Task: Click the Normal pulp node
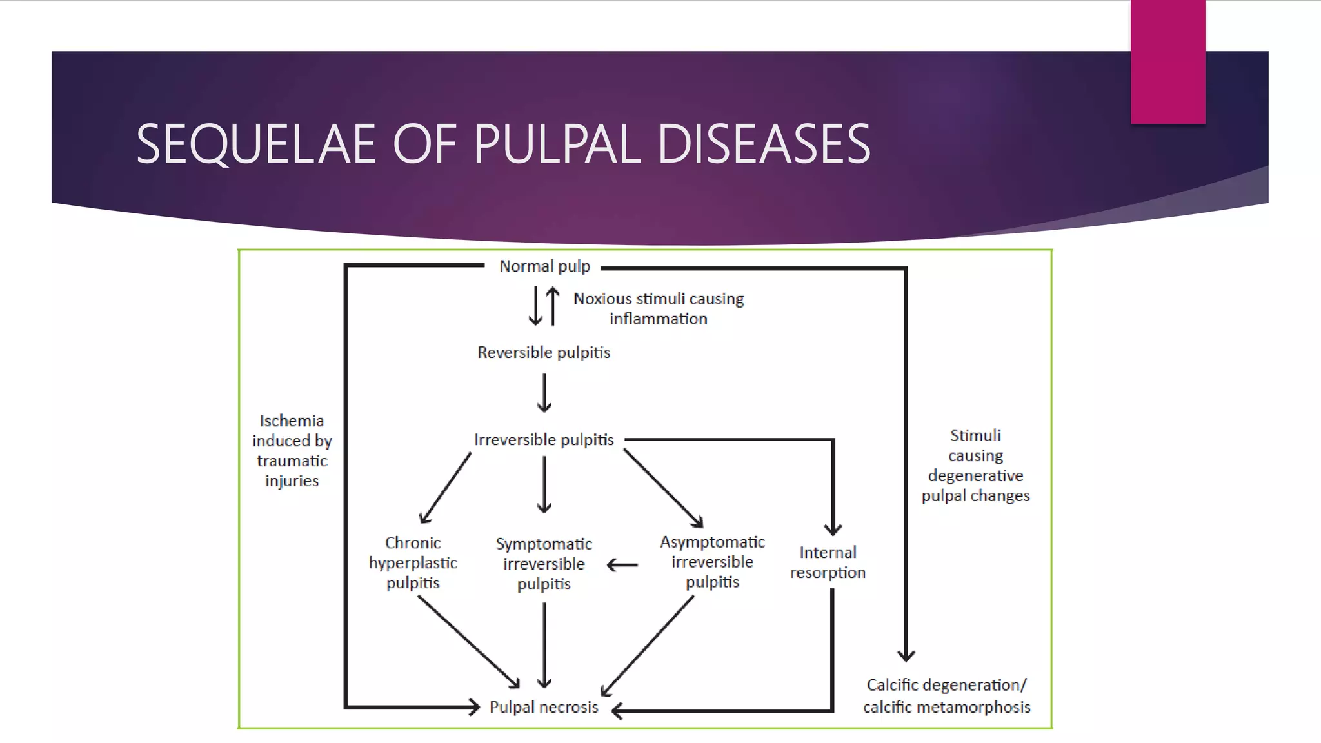pyautogui.click(x=544, y=266)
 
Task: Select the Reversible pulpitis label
pyautogui.click(x=544, y=353)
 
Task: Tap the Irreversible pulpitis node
pyautogui.click(x=544, y=440)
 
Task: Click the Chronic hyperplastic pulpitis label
pyautogui.click(x=413, y=562)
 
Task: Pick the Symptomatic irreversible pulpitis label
pyautogui.click(x=544, y=564)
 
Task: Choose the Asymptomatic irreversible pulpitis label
pyautogui.click(x=712, y=562)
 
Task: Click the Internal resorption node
pyautogui.click(x=828, y=562)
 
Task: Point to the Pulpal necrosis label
pyautogui.click(x=544, y=707)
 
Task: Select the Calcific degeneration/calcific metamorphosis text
pyautogui.click(x=946, y=696)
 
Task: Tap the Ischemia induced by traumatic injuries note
pyautogui.click(x=292, y=451)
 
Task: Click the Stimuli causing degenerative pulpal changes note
pyautogui.click(x=975, y=465)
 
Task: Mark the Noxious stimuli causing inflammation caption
pyautogui.click(x=659, y=309)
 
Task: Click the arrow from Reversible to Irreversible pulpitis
pyautogui.click(x=544, y=393)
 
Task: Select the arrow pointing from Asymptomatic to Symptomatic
pyautogui.click(x=622, y=566)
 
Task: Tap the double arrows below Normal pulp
pyautogui.click(x=544, y=306)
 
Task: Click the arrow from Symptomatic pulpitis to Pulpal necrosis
pyautogui.click(x=544, y=645)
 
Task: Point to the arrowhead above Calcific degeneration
pyautogui.click(x=906, y=655)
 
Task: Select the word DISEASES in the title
pyautogui.click(x=764, y=144)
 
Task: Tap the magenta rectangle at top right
pyautogui.click(x=1167, y=62)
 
